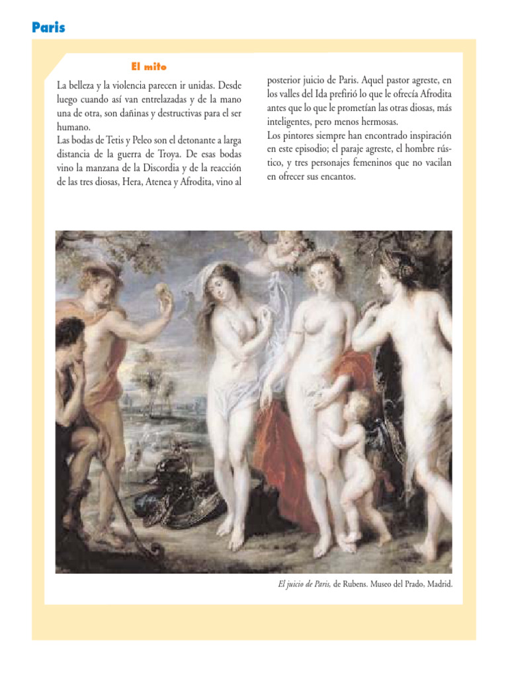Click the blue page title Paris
point(48,28)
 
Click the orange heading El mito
point(149,66)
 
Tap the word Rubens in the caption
point(360,584)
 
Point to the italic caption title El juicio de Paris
point(304,584)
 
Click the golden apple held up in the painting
point(161,291)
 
